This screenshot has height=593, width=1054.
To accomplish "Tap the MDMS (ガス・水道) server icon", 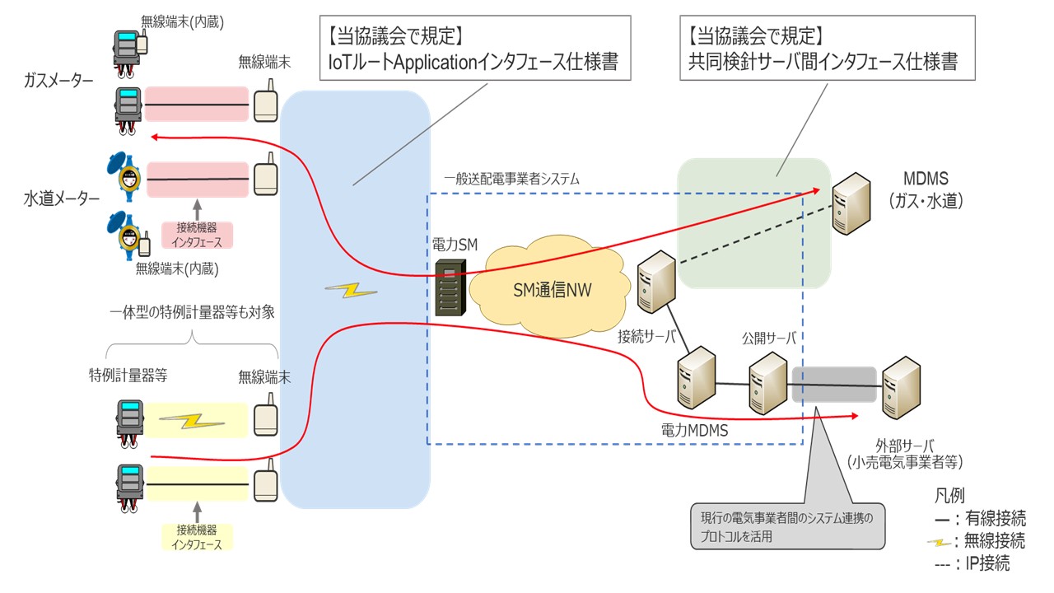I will pos(850,203).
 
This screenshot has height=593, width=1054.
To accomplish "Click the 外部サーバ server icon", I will pos(899,385).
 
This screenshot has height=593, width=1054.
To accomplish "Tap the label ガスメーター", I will pos(59,81).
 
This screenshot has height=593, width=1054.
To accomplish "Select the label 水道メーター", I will pos(62,198).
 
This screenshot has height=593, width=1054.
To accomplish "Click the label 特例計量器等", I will pos(128,376).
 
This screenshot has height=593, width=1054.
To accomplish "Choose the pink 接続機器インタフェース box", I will pos(198,235).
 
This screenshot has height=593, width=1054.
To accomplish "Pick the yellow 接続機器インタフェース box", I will pos(198,537).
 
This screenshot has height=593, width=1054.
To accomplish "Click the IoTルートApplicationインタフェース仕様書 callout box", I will pos(474,48).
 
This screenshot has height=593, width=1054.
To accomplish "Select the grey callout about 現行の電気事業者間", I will pos(787,525).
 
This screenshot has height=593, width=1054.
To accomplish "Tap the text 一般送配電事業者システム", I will pos(512,178).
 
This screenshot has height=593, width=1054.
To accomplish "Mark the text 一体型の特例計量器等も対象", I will pos(191,314).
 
